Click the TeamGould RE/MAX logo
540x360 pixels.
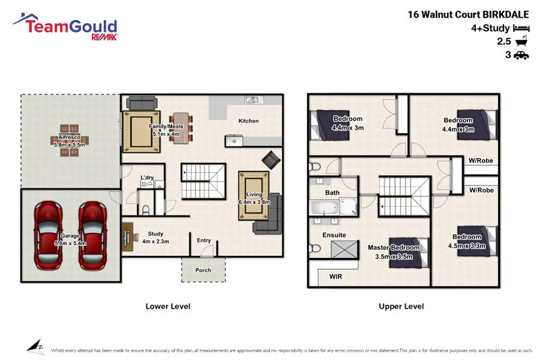65,28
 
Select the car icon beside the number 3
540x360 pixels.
520,55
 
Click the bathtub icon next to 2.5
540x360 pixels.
520,41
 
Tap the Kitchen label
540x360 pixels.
248,121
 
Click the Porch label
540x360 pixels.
203,270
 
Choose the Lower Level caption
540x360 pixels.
168,307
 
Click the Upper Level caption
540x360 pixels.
401,307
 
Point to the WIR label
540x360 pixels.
335,276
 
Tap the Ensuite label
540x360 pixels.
334,235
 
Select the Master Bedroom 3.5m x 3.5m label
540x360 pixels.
394,251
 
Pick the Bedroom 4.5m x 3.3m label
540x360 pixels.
467,241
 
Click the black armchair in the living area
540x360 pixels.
271,160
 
